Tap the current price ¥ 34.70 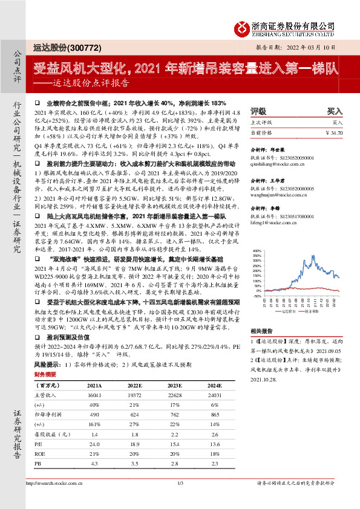334,132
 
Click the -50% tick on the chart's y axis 257,297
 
